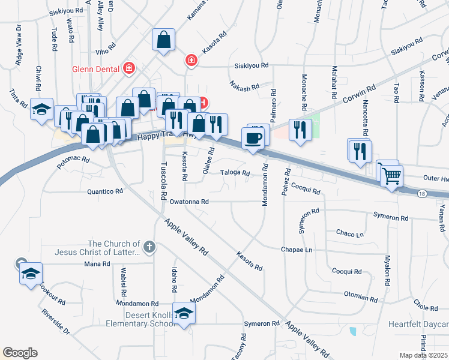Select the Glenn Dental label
point(96,68)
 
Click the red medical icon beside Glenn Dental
point(128,68)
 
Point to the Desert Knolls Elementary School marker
point(184,313)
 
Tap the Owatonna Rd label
point(188,202)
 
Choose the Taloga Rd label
point(235,173)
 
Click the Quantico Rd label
point(105,191)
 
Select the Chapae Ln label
point(297,250)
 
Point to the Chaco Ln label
point(350,233)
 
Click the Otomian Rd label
point(360,296)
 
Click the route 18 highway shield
point(421,194)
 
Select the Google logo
point(20,353)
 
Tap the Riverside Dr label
point(55,322)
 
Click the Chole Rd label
point(426,308)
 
